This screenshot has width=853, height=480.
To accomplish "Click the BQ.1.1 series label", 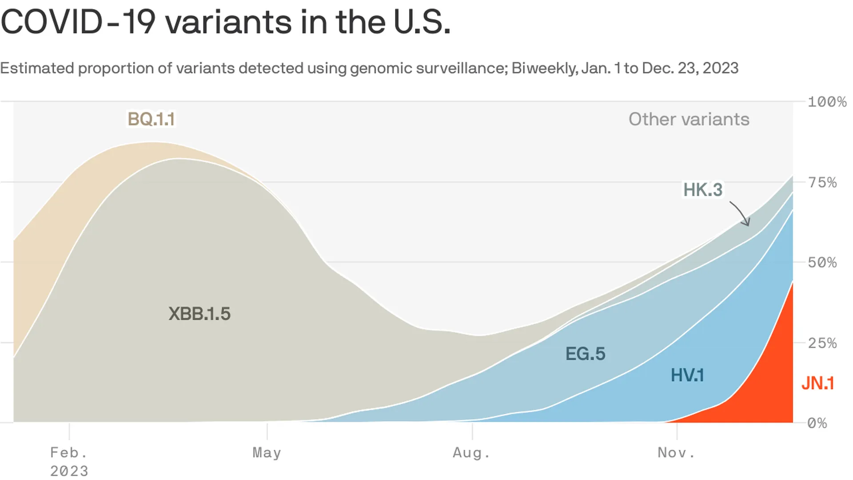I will [151, 119].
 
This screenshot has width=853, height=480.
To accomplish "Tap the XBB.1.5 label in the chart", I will [199, 314].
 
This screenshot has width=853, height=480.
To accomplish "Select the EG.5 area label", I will [585, 354].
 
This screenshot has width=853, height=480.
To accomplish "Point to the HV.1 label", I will [687, 375].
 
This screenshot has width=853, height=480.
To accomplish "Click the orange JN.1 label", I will [817, 383].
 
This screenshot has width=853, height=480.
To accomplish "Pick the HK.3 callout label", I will [703, 190].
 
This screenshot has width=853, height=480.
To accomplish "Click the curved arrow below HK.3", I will [741, 213].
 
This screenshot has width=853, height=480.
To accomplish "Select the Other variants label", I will [689, 119].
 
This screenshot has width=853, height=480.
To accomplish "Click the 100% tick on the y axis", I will [827, 102].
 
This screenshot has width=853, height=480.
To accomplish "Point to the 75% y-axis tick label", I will [822, 182].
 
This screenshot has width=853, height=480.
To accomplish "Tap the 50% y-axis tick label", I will [822, 262].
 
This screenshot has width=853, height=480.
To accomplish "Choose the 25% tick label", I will [822, 343].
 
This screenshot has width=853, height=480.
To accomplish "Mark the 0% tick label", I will [817, 423].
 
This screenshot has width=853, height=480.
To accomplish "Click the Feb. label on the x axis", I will [69, 453].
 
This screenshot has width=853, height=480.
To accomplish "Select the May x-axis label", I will [267, 453].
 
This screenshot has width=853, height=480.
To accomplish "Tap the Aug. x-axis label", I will [471, 453].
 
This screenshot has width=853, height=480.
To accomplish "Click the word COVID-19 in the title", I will [78, 22].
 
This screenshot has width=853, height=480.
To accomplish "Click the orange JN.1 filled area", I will [775, 378].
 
